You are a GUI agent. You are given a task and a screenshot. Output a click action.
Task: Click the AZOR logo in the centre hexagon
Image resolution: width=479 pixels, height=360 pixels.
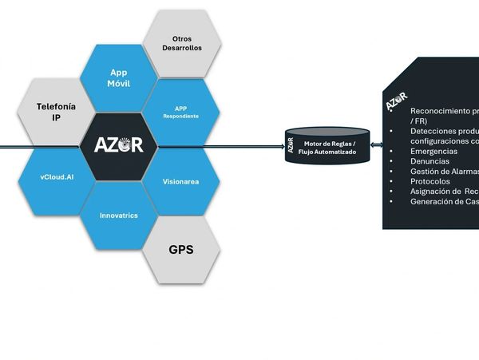click(x=119, y=145)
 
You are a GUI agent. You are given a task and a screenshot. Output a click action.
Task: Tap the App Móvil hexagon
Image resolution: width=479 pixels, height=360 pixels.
click(x=119, y=77)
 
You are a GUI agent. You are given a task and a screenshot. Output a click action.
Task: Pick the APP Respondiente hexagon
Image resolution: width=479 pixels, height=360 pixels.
click(x=180, y=112)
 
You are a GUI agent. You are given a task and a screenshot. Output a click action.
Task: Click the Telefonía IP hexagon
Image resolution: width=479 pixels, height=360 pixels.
click(x=55, y=111)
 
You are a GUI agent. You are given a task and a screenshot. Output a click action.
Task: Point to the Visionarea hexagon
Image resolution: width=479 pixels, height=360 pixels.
click(x=180, y=181)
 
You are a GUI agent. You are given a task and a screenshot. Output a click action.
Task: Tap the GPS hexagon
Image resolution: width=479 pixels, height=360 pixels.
click(x=181, y=249)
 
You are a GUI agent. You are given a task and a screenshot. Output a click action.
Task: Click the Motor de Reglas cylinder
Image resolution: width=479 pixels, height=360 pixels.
click(x=327, y=147)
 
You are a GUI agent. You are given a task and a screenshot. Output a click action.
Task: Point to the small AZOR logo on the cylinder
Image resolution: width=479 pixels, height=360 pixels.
click(x=291, y=145)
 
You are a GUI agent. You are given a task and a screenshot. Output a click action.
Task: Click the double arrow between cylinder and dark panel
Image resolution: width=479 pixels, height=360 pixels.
click(x=376, y=145)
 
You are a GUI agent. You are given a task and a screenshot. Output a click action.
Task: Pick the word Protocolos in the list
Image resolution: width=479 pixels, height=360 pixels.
click(x=430, y=181)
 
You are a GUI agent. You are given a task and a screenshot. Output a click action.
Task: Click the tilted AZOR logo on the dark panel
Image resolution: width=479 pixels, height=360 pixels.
click(x=396, y=102)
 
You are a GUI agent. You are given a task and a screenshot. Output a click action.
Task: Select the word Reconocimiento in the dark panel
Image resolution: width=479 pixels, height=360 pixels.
click(x=443, y=111)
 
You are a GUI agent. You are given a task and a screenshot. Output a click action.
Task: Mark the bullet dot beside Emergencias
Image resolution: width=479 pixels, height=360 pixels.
click(x=391, y=151)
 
